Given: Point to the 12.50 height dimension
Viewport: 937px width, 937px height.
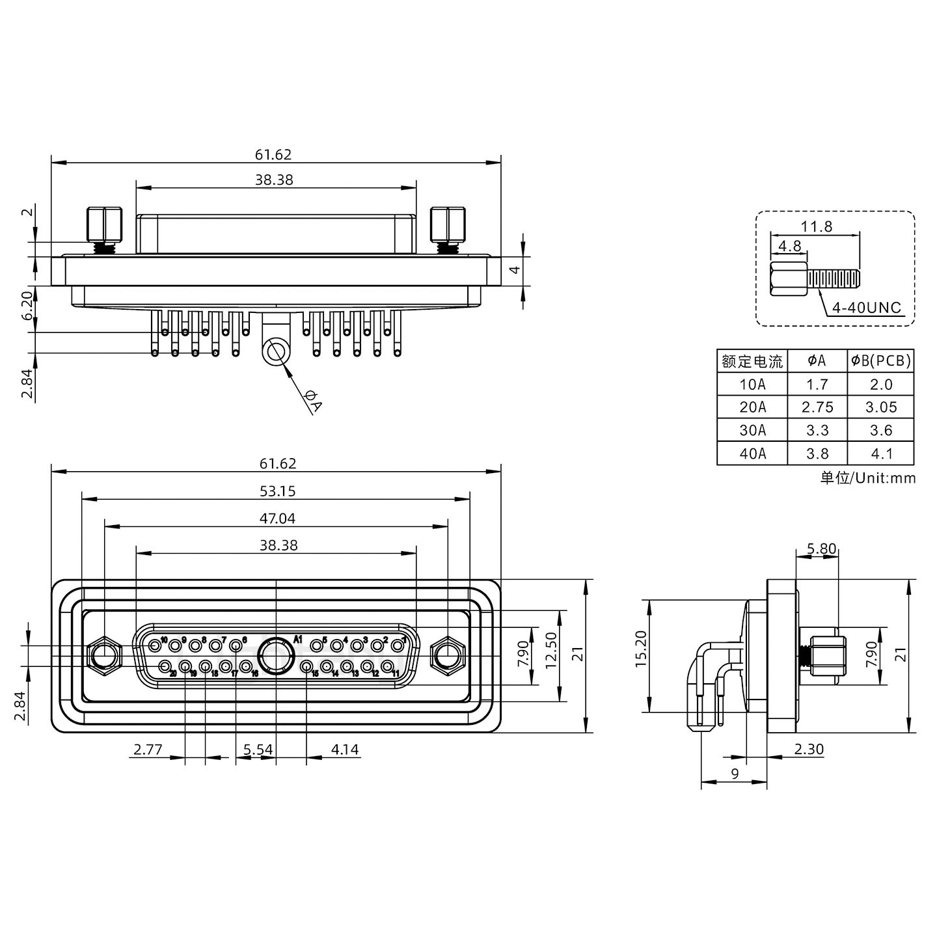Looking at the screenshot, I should coord(551,651).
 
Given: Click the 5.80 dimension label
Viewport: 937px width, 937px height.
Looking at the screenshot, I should coord(821,549).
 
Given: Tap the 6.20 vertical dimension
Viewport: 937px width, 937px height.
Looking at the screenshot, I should coord(26,306).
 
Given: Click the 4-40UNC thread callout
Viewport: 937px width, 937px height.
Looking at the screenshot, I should coord(867,306).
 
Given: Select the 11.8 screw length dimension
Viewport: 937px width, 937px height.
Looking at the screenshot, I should coord(816,226).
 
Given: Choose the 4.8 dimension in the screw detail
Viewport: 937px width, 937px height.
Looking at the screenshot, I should coord(789,246).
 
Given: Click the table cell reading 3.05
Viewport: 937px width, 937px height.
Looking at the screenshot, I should coord(881,407).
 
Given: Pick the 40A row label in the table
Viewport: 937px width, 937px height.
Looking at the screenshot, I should coord(752,454).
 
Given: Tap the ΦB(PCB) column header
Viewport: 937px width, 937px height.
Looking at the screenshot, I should coord(881,360).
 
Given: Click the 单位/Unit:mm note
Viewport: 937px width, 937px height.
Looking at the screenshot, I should coord(867,478).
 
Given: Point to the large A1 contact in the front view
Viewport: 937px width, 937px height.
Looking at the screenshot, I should coord(277,655).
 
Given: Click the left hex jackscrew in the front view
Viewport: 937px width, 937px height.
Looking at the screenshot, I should coord(103,655).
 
